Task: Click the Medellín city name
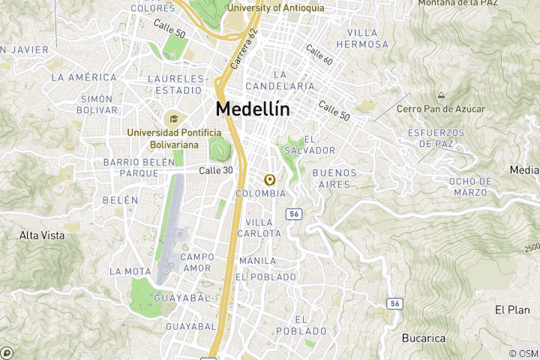pos(252,109)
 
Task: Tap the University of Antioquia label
pos(275,7)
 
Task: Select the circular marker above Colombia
pos(269,179)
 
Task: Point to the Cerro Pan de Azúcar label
pos(441,109)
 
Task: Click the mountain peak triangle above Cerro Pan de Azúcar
pos(441,95)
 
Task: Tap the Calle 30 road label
pos(215,171)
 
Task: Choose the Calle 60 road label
pos(319,53)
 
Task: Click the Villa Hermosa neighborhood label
pos(368,38)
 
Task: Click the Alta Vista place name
pos(41,235)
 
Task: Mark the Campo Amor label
pos(197,262)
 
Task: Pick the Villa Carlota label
pos(259,228)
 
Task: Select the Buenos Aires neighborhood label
pos(337,178)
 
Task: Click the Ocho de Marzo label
pos(470,187)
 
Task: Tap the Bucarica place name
pos(424,338)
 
